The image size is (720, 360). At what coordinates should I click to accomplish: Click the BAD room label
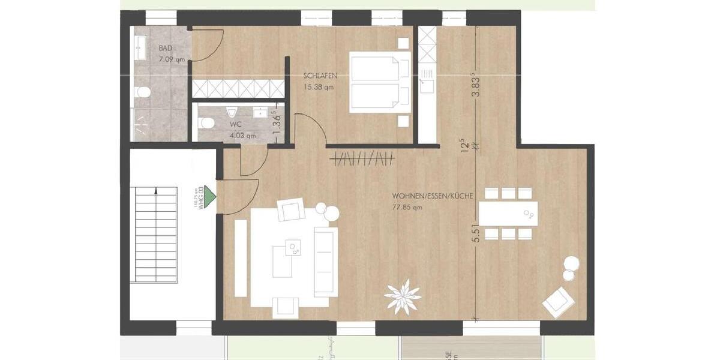click(166, 48)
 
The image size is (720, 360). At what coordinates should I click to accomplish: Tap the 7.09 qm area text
click(172, 59)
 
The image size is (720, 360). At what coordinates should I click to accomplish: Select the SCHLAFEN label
click(319, 76)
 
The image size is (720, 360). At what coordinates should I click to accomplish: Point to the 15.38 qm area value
click(318, 87)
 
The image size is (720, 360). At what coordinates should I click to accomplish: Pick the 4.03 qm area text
click(243, 136)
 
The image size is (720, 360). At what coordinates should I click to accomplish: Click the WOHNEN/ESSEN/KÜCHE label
click(433, 196)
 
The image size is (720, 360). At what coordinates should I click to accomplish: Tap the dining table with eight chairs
click(508, 213)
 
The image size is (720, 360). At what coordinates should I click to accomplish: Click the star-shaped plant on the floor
click(403, 296)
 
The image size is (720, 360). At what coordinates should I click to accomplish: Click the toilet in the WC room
click(208, 123)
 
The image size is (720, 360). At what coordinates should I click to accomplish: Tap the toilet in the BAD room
click(143, 92)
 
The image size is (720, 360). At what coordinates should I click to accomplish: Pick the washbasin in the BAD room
click(141, 47)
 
